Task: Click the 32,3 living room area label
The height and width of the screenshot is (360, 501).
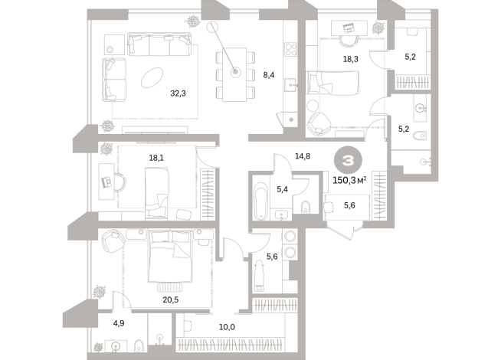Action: tap(178, 93)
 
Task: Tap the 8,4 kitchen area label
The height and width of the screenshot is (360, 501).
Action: tap(268, 74)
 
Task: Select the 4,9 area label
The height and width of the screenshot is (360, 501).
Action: tap(118, 323)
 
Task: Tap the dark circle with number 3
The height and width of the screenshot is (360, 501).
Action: tap(348, 161)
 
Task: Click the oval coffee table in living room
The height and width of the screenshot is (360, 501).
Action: tap(151, 77)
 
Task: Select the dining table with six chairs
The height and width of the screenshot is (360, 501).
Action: tap(234, 74)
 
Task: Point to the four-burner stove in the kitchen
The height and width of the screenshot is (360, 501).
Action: tap(291, 48)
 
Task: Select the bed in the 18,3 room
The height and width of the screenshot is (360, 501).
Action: tap(334, 81)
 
